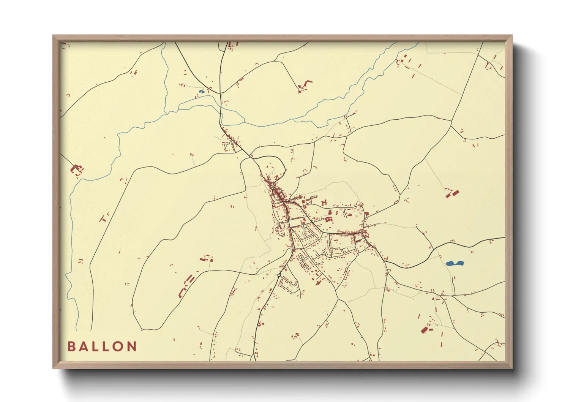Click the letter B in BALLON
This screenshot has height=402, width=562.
coord(71,347)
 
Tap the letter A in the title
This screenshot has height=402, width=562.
coord(83,347)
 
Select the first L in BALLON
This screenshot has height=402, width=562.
coord(96,347)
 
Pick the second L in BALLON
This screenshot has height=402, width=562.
coord(107,347)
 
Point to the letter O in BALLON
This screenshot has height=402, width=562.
coord(119,347)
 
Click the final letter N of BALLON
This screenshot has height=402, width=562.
coord(132,347)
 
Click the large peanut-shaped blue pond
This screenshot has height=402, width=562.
coord(454,263)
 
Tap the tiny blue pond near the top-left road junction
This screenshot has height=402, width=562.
coord(201,92)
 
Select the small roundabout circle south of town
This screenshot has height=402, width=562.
coord(279,275)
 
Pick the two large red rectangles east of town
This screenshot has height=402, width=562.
coord(452,194)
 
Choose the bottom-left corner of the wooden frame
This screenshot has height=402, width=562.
coord(54,368)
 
